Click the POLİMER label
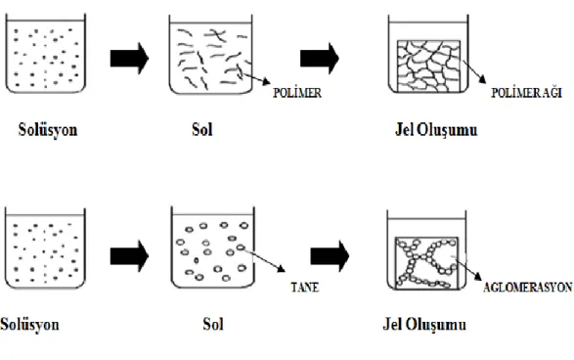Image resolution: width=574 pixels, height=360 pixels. click(x=297, y=93)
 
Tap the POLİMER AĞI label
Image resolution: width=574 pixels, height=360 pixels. click(x=526, y=93)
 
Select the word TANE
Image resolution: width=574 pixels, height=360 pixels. click(x=305, y=288)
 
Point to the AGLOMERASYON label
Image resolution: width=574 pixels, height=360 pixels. click(x=527, y=288)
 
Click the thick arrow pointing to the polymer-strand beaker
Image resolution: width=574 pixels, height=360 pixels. click(x=129, y=59)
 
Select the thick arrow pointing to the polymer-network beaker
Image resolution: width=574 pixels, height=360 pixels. click(x=320, y=59)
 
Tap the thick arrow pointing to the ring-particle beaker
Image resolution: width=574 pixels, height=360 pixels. click(x=129, y=256)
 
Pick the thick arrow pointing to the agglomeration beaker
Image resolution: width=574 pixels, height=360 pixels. click(x=330, y=256)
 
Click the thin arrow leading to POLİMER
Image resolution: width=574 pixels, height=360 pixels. click(x=257, y=78)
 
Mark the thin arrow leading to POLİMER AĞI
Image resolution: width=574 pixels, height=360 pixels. click(x=475, y=71)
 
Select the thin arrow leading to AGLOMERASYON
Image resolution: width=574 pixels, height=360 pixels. click(x=468, y=269)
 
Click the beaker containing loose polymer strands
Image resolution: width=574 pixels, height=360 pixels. click(x=210, y=55)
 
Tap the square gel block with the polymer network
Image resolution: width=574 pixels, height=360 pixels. click(x=428, y=66)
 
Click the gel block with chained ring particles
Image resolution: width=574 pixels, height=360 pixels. click(x=427, y=263)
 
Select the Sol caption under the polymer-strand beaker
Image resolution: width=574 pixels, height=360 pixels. click(x=202, y=130)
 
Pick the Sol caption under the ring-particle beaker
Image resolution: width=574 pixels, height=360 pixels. click(x=213, y=325)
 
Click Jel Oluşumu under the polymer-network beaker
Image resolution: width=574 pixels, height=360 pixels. click(x=436, y=130)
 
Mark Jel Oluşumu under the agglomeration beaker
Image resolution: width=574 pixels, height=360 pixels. click(x=424, y=325)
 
